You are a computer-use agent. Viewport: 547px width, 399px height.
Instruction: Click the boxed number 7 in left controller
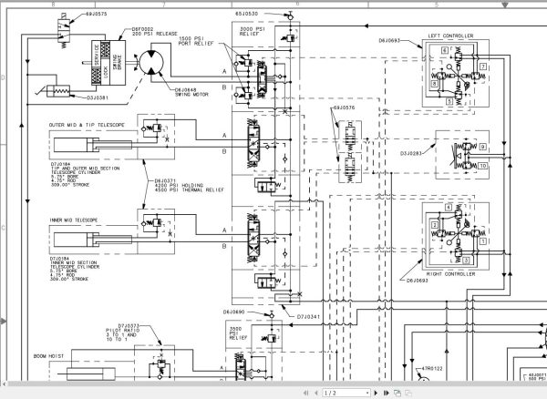485,67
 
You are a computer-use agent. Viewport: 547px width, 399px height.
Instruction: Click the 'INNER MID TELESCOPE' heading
77,220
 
